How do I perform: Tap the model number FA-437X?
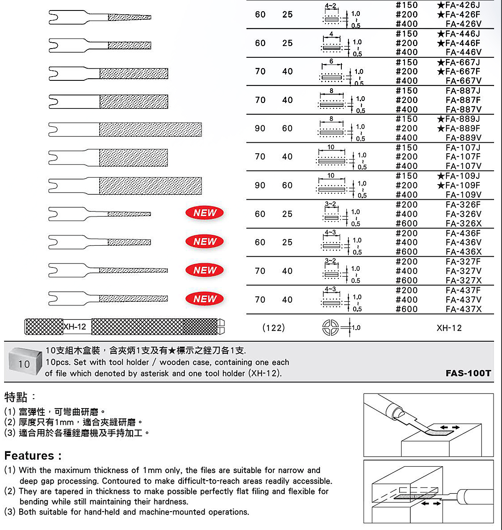coord(464,309)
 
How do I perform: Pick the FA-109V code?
coord(464,195)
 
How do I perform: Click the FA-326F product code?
coord(464,205)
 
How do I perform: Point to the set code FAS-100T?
coord(468,373)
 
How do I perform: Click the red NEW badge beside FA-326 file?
coord(205,213)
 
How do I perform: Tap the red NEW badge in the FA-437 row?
coord(205,299)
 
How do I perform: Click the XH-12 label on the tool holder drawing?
coord(75,327)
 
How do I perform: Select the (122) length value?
coord(274,328)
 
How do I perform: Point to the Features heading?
coord(33,455)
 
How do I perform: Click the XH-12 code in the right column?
coord(449,328)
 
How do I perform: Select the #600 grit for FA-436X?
coord(407,252)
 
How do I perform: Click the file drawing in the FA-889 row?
coord(125,129)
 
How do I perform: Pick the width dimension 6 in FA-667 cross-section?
coord(331,62)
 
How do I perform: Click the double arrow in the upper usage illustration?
coord(450,427)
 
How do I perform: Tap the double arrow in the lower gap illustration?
coord(431,503)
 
